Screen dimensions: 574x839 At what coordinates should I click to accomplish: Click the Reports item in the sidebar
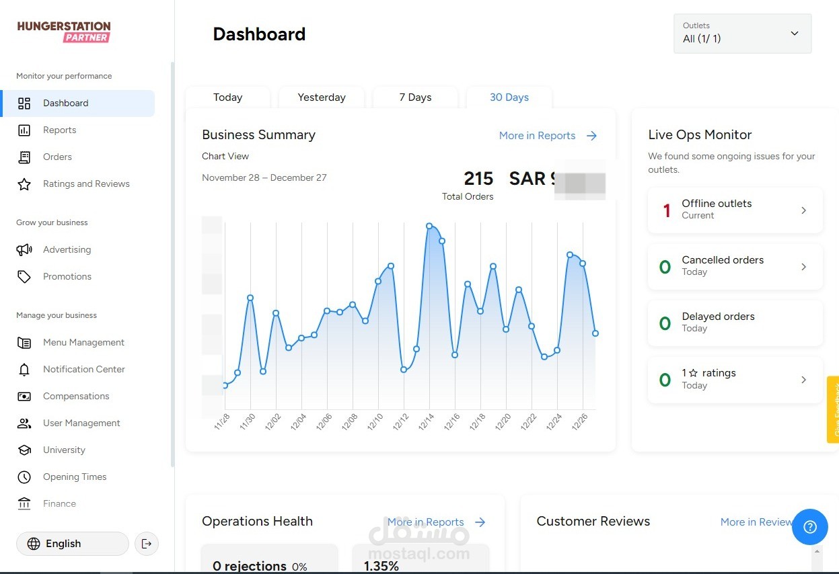pos(59,130)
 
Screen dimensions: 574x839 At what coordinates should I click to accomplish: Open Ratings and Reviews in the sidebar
pos(86,183)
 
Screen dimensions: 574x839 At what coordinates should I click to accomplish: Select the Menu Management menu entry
pos(83,342)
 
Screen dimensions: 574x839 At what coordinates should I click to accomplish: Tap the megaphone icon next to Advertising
pos(24,249)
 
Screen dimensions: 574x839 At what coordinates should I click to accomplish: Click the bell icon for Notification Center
pos(24,370)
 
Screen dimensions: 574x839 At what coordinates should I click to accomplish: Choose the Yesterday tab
pos(322,97)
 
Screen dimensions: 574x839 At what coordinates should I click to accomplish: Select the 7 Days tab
pos(415,97)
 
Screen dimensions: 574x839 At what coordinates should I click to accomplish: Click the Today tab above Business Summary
pos(227,97)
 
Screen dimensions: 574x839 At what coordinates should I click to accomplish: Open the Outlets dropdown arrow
pos(795,34)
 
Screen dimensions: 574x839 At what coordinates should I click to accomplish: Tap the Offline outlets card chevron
pos(803,210)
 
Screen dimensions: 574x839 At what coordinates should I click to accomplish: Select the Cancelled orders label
pos(723,260)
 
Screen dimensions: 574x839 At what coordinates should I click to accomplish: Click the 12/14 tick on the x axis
pos(427,422)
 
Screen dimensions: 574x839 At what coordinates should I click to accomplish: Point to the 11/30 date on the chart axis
pos(246,422)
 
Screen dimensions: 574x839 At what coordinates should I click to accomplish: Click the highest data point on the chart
pos(429,226)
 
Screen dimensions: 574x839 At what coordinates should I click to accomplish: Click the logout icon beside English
pos(147,544)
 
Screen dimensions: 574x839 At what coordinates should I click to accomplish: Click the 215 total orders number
pos(478,179)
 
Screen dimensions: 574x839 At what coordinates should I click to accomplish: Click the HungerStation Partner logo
pos(64,32)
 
